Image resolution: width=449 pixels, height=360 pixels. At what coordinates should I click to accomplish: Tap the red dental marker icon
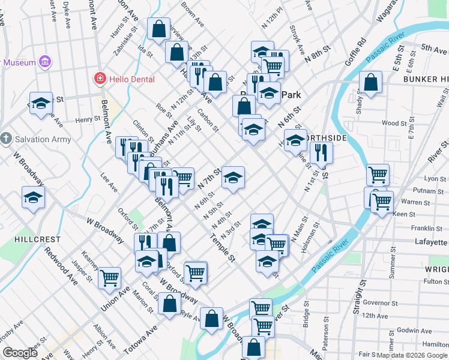(x=100, y=79)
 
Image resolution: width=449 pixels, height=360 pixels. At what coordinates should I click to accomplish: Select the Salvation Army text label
(x=43, y=139)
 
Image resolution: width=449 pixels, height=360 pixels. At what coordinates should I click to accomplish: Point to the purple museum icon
(x=44, y=61)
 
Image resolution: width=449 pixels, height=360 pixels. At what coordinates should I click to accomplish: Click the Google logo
(x=19, y=353)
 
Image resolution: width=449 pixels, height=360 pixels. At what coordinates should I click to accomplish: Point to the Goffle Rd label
(x=360, y=51)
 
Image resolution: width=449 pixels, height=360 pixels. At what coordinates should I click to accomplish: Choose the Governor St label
(x=376, y=302)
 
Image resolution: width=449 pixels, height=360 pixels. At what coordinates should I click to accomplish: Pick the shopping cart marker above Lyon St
(x=378, y=174)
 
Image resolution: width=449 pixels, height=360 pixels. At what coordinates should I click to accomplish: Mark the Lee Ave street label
(x=109, y=179)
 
